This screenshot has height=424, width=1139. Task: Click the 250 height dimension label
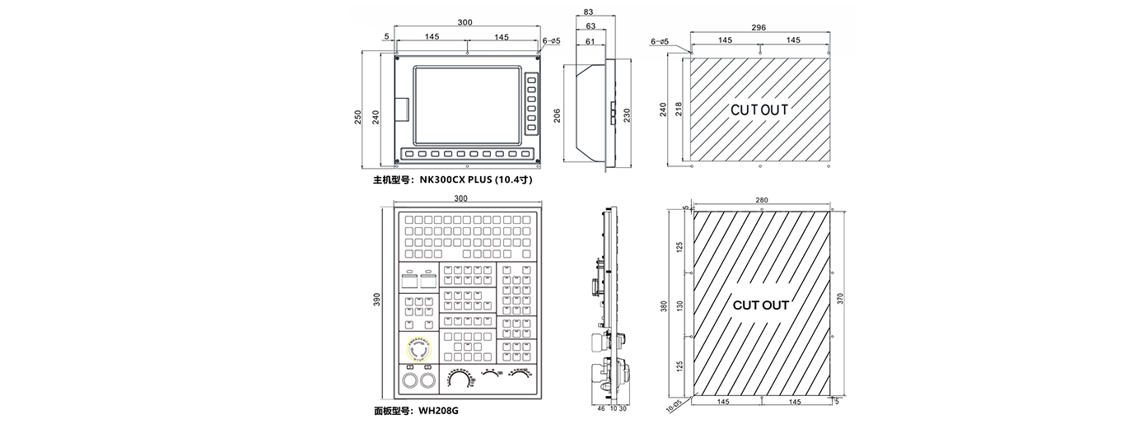coord(357,118)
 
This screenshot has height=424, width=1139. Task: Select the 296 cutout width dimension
coord(759,27)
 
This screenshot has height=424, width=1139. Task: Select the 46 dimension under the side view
coord(600,408)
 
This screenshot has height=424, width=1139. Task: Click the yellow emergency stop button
coord(418,349)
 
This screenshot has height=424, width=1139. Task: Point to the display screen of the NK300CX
coord(465,103)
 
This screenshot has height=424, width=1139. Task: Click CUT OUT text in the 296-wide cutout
coord(759,109)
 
